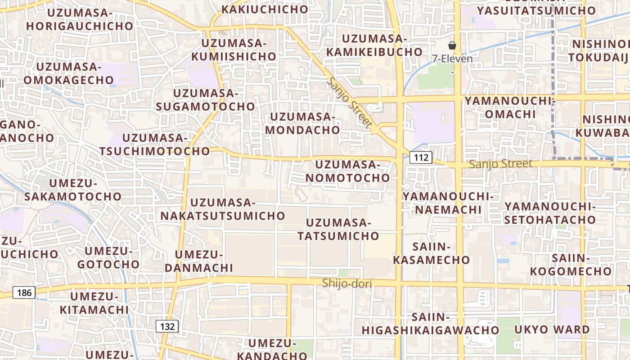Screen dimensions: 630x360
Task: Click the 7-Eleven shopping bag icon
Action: coord(452,45)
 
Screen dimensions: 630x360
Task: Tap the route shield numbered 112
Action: coord(421,157)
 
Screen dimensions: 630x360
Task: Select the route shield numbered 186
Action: coord(24,293)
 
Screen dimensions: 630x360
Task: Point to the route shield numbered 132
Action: coord(167,326)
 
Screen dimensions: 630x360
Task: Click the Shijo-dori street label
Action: coord(346,283)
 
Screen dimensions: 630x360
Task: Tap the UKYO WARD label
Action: coord(552,329)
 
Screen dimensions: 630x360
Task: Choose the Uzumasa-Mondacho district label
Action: coord(303,123)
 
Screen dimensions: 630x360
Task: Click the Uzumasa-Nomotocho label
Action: coord(348,171)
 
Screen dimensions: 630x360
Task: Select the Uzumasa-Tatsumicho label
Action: coord(338,229)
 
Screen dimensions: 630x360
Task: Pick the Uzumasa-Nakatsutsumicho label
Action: coord(223,209)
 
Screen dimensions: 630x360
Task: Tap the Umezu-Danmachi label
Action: coord(198,261)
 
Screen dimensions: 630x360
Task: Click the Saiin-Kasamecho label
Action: coord(432,253)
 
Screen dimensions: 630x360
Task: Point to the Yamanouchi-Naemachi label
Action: coord(448,203)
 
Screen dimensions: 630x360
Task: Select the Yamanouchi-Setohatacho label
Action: coord(550,213)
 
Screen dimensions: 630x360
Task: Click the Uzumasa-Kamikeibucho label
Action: coord(374,45)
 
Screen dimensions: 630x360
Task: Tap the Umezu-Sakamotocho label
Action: coord(73,190)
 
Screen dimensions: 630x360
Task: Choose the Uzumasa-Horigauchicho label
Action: coord(80,19)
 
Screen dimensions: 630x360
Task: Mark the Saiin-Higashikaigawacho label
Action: coord(430,324)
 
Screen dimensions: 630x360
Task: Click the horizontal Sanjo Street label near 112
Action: coord(500,164)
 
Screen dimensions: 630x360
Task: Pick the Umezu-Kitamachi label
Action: coord(94,303)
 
